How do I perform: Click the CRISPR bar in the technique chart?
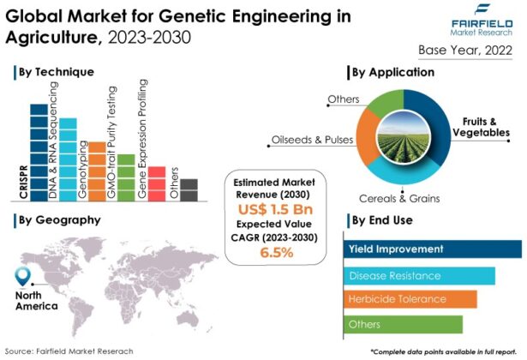pyautogui.click(x=39, y=153)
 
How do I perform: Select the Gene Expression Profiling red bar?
pyautogui.click(x=157, y=183)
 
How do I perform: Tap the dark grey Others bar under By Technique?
pyautogui.click(x=189, y=189)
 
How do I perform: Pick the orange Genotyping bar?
pyautogui.click(x=97, y=171)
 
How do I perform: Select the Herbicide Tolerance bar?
pyautogui.click(x=410, y=299)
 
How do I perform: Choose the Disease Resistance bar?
pyautogui.click(x=420, y=275)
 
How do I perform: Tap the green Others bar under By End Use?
pyautogui.click(x=404, y=324)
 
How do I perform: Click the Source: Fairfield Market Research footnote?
pyautogui.click(x=73, y=351)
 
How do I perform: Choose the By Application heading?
pyautogui.click(x=398, y=72)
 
